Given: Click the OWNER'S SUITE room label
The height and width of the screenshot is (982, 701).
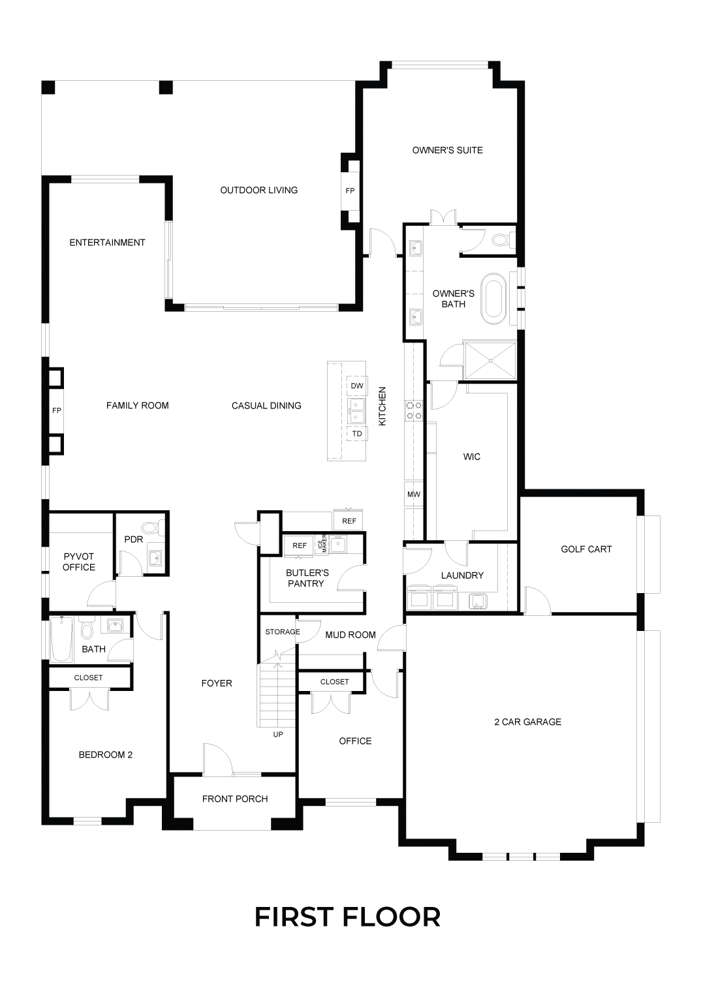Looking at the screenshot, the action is coord(447,150).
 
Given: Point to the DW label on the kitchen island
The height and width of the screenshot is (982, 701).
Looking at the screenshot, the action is coord(357,386).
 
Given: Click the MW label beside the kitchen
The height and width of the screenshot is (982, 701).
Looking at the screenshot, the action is coord(413,495).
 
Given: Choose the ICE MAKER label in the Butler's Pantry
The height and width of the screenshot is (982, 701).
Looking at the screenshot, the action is coord(322,544).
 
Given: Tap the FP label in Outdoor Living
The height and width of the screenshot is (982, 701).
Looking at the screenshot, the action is coord(350,191).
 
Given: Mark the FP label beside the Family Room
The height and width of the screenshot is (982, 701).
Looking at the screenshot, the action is coord(57,411).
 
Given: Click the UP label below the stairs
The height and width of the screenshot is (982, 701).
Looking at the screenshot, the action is coord(278,734).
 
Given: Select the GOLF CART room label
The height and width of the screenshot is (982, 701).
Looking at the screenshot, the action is coord(586,549).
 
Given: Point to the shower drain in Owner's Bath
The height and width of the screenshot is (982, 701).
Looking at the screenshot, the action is coord(491,361).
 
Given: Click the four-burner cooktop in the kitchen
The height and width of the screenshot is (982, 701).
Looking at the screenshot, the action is coord(414,410).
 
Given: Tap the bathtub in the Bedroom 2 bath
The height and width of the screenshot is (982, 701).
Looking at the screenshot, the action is coord(61,639).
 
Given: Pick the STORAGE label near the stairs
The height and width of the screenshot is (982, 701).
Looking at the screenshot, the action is coord(283,632).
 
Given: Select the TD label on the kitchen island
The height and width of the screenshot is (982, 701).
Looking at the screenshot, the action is coord(357,433).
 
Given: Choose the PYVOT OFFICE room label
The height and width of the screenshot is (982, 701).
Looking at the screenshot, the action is coord(79,562).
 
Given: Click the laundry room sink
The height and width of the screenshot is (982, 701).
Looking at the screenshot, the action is coord(478,602).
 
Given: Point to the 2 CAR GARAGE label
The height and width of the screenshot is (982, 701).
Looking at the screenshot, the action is coord(528,722).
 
